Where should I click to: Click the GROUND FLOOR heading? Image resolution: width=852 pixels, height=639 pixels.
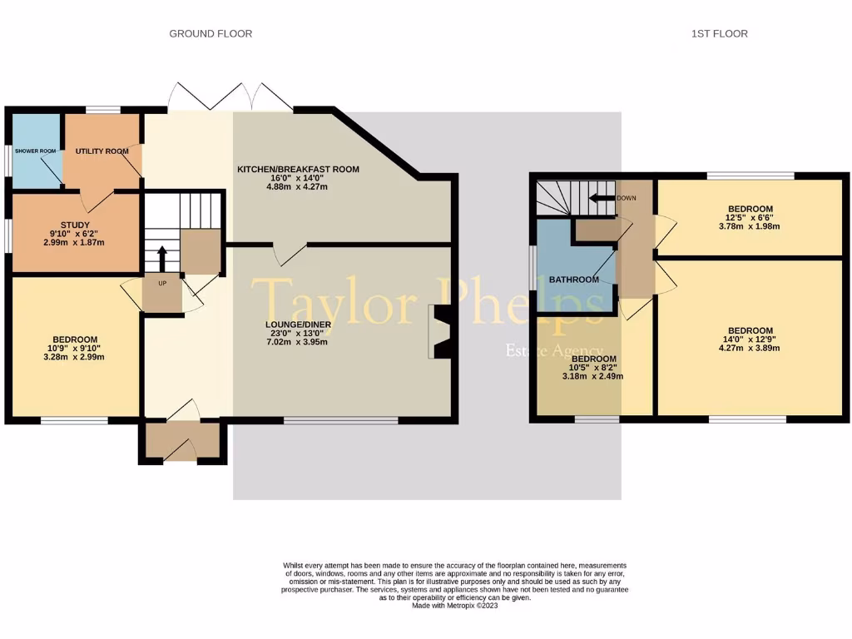click(x=211, y=33)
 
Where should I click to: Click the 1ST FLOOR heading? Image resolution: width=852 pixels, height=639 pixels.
click(x=719, y=33)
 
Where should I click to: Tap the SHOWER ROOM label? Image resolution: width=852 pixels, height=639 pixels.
click(x=34, y=151)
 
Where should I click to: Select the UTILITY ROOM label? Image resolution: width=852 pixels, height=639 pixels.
click(x=102, y=151)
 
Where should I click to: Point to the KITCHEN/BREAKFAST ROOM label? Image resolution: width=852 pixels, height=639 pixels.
click(x=298, y=169)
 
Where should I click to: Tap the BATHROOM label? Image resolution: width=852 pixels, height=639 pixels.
click(x=573, y=280)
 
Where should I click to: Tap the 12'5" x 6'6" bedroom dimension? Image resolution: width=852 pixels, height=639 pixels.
click(x=750, y=219)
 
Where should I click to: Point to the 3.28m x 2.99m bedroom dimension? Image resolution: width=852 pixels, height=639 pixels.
click(x=76, y=357)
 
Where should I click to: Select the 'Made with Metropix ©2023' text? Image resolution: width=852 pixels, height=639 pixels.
click(x=455, y=606)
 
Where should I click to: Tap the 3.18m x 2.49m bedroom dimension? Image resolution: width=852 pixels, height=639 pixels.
click(x=592, y=376)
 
